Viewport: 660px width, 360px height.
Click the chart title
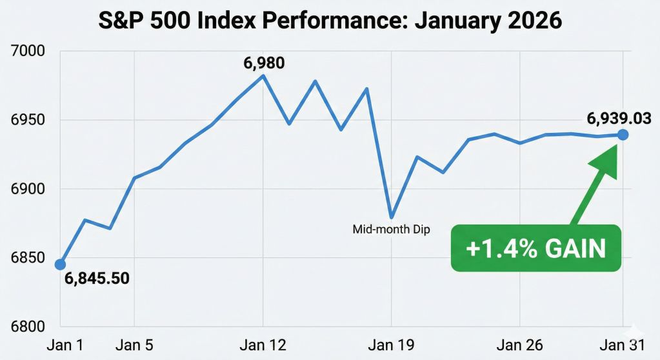tap(330, 21)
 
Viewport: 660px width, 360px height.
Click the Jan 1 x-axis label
tap(65, 345)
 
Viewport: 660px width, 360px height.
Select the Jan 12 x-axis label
tap(263, 345)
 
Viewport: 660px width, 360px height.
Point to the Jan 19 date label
tap(391, 345)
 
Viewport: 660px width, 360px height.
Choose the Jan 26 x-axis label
tap(519, 345)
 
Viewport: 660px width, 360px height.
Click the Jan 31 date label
tap(622, 345)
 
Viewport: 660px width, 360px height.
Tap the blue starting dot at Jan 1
tap(60, 265)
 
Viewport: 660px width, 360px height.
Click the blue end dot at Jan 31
tap(623, 135)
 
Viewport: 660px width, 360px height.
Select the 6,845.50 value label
tap(97, 279)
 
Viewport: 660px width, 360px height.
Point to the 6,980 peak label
tap(263, 63)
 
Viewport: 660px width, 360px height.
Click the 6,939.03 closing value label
tap(618, 119)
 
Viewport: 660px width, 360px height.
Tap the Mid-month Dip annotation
tap(391, 229)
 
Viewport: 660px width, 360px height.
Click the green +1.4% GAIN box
tap(535, 248)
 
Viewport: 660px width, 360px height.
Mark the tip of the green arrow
tap(617, 145)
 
